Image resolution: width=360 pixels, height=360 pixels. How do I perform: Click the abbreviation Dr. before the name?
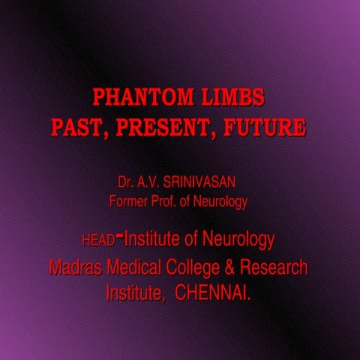pyautogui.click(x=125, y=182)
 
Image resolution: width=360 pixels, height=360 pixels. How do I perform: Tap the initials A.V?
pyautogui.click(x=150, y=182)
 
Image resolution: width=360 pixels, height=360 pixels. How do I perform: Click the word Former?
pyautogui.click(x=130, y=201)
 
